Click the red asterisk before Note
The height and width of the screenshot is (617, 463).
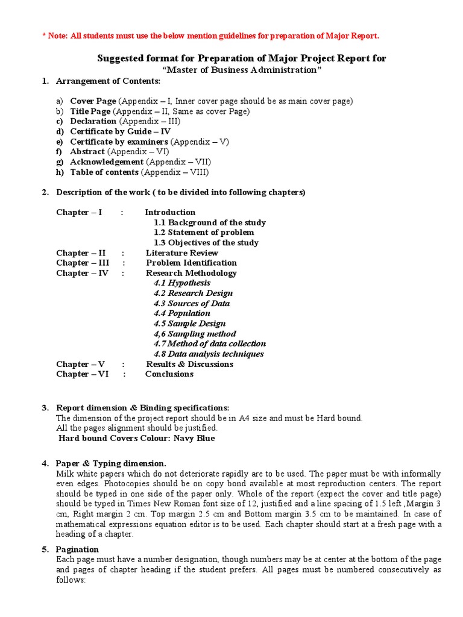click(x=44, y=36)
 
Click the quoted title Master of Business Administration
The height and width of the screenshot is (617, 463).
click(x=242, y=70)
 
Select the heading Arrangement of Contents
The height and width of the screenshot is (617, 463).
click(x=108, y=81)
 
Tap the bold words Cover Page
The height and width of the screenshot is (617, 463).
click(x=93, y=101)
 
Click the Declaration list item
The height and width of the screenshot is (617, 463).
click(x=93, y=121)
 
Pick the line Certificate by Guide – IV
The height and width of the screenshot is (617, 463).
click(x=120, y=131)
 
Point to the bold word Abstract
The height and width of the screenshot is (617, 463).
click(x=87, y=152)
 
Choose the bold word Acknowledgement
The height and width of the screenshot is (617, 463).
click(x=106, y=162)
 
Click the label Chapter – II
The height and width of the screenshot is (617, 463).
click(x=81, y=253)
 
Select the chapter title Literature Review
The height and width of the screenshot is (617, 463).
click(x=181, y=253)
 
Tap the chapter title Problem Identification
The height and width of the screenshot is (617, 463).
click(x=191, y=263)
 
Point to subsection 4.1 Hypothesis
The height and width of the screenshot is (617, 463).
click(x=182, y=283)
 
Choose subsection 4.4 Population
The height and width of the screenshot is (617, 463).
click(x=182, y=313)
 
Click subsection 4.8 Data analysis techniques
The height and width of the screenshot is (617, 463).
click(x=209, y=354)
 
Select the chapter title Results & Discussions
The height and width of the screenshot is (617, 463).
click(x=189, y=364)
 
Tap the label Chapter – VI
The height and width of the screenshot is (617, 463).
click(x=81, y=374)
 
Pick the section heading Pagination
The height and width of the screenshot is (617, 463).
click(x=77, y=550)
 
